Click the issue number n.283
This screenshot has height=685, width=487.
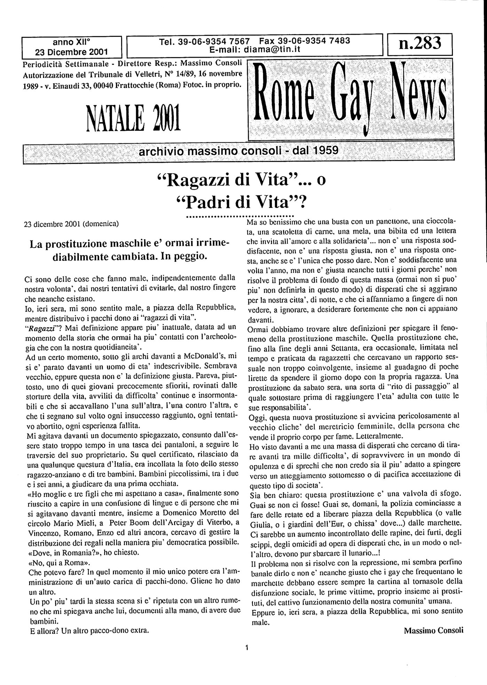click(x=420, y=44)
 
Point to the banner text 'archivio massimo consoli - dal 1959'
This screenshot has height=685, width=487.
click(x=239, y=151)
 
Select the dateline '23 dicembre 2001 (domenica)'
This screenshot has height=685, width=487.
click(x=71, y=224)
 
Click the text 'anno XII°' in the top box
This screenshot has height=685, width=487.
click(x=71, y=42)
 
